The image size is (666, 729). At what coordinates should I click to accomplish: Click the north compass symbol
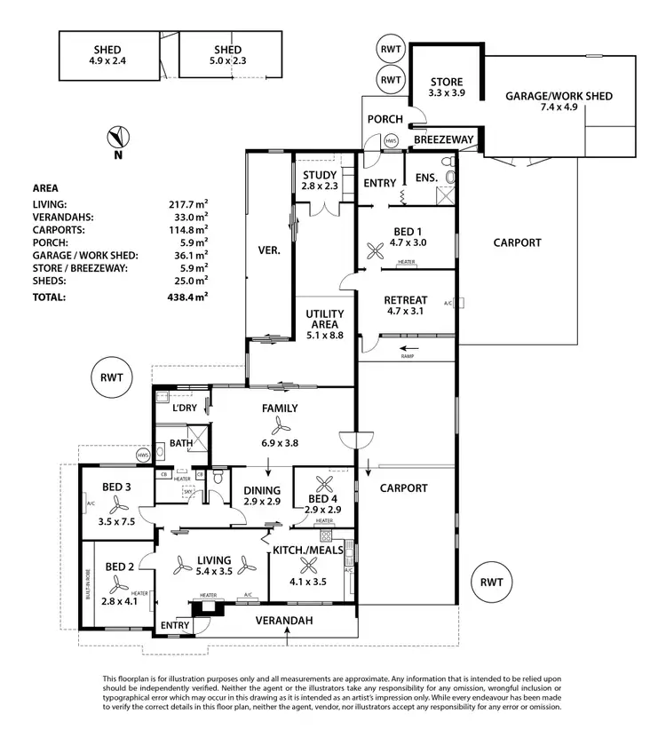point(117,138)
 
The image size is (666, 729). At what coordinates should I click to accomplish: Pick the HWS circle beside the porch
point(391,141)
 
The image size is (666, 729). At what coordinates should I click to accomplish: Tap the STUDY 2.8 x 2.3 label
point(319,180)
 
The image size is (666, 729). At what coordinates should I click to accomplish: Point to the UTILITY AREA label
point(324,321)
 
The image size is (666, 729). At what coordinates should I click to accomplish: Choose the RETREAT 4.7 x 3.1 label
point(406,305)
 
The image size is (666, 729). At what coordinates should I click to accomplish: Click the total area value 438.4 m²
point(189,297)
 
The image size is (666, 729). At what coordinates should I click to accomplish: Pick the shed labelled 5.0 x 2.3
point(228,56)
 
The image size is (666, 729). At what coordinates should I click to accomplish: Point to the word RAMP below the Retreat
point(408,356)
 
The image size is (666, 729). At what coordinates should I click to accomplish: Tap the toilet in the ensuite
point(448,178)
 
